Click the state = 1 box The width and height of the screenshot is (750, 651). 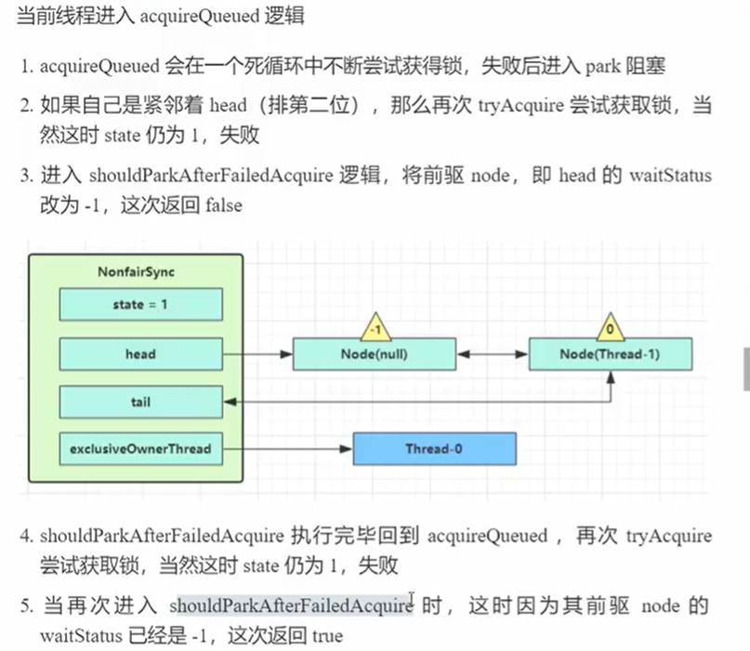pyautogui.click(x=140, y=304)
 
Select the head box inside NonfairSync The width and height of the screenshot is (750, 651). pyautogui.click(x=140, y=353)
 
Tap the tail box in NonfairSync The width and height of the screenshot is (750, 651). pyautogui.click(x=140, y=403)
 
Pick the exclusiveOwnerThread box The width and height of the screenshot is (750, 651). pyautogui.click(x=140, y=450)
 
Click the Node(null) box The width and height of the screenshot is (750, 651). pyautogui.click(x=375, y=354)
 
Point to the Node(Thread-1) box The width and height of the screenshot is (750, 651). pyautogui.click(x=611, y=354)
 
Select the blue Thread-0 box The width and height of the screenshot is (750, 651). pyautogui.click(x=434, y=450)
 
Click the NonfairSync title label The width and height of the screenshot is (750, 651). pyautogui.click(x=136, y=272)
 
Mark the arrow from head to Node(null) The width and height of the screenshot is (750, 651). pyautogui.click(x=257, y=354)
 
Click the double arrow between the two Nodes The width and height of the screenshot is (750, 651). pyautogui.click(x=493, y=354)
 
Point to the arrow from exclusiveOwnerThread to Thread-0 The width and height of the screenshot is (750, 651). pyautogui.click(x=287, y=450)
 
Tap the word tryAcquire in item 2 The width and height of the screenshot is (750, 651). pyautogui.click(x=521, y=107)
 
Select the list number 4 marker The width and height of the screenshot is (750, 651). pyautogui.click(x=26, y=537)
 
